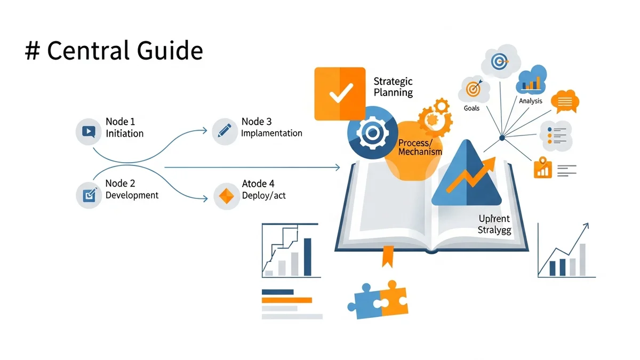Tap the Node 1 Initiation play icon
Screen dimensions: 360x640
coord(88,132)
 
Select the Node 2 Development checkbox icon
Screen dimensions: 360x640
coord(88,195)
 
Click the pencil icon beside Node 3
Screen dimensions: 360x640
coord(225,131)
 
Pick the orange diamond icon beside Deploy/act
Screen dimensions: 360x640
coord(225,196)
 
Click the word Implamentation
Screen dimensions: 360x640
coord(271,133)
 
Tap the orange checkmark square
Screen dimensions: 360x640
coord(339,94)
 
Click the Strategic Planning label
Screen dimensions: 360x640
coord(393,87)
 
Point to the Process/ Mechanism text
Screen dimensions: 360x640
coord(420,147)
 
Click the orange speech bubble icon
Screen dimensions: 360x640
coord(565,101)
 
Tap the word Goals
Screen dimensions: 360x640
coord(471,108)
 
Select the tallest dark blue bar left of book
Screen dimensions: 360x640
coord(308,257)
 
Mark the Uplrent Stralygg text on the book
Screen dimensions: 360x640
coord(493,224)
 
